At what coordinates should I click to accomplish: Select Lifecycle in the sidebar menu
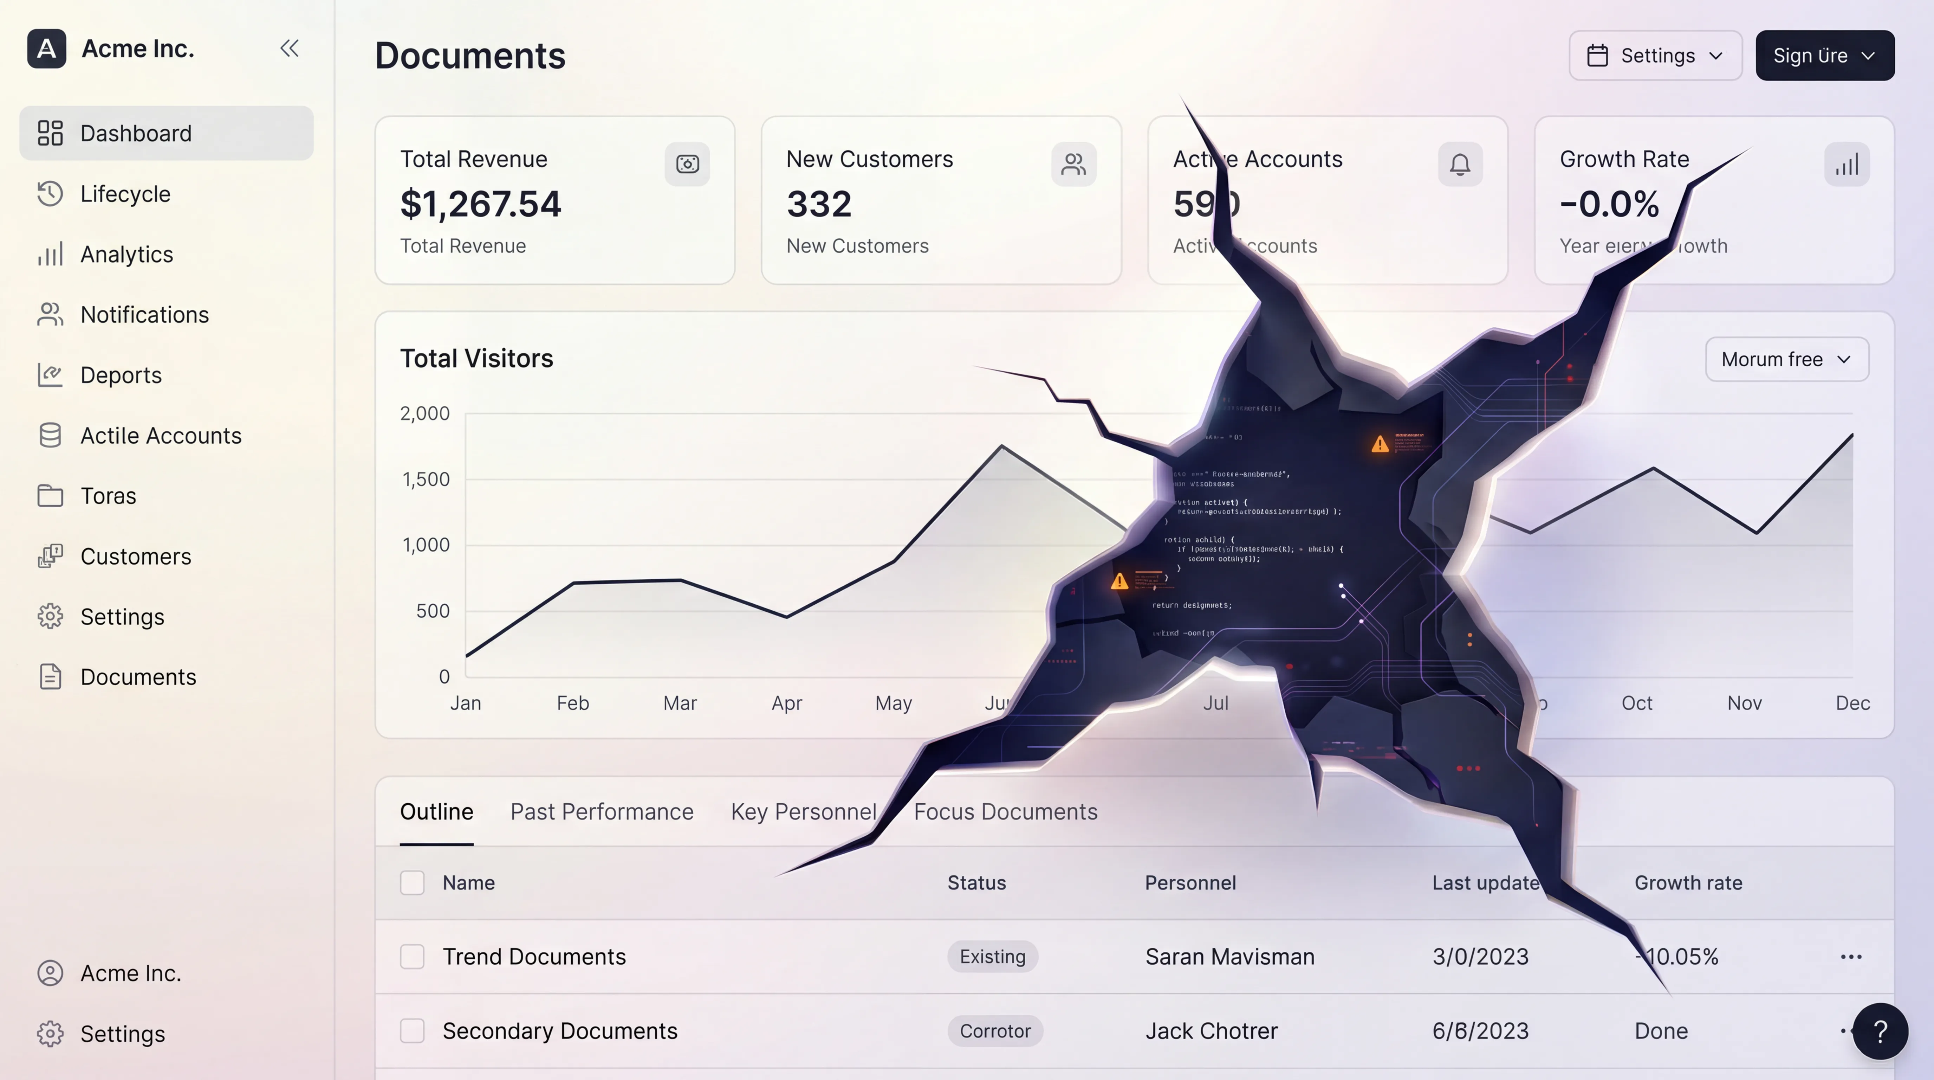(x=125, y=194)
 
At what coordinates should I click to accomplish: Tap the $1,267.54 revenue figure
(x=480, y=204)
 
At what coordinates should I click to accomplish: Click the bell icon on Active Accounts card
(x=1460, y=165)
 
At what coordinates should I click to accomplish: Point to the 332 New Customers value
(x=819, y=204)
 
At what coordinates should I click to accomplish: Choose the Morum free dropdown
(x=1786, y=360)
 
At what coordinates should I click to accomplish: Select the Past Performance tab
(x=601, y=812)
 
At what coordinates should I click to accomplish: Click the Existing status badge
(x=992, y=957)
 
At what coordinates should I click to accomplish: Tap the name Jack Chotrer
(x=1211, y=1031)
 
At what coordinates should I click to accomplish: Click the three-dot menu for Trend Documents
(x=1851, y=957)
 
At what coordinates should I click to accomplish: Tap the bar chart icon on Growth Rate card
(x=1846, y=165)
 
